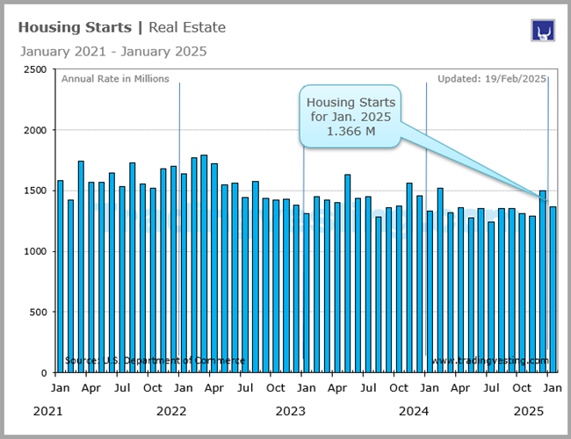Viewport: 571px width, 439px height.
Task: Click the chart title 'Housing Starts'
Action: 72,27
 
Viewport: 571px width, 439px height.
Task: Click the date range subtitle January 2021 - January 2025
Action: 112,51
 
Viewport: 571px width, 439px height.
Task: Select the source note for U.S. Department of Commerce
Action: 155,361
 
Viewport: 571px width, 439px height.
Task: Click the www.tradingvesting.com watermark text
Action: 489,361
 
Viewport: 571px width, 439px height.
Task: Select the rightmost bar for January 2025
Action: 553,289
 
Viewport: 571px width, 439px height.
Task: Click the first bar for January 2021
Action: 60,276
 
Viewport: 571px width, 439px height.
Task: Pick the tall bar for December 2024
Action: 543,281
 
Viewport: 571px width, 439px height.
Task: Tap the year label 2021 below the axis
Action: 49,411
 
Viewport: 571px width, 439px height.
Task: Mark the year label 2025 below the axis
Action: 530,411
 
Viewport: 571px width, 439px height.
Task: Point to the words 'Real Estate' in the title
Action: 187,27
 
